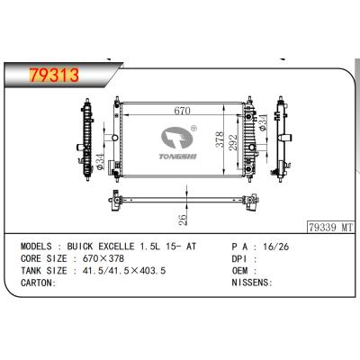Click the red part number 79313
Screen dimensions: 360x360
pyautogui.click(x=54, y=75)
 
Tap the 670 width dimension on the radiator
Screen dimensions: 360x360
pyautogui.click(x=182, y=111)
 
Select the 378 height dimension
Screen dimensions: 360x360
pyautogui.click(x=220, y=139)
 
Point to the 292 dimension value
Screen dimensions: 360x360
pyautogui.click(x=233, y=142)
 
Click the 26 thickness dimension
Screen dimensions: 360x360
pyautogui.click(x=183, y=220)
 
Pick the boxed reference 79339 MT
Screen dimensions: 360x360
pyautogui.click(x=330, y=228)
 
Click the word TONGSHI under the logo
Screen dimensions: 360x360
pyautogui.click(x=177, y=157)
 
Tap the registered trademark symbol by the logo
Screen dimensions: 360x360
pyautogui.click(x=193, y=129)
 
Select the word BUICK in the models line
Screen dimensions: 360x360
pyautogui.click(x=80, y=247)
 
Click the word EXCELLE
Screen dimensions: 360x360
pyautogui.click(x=116, y=247)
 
